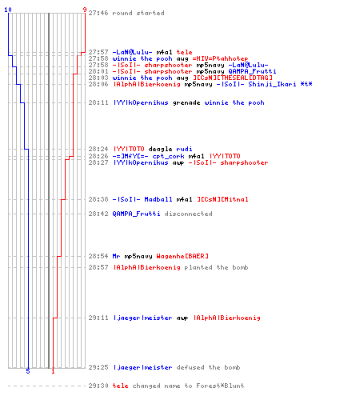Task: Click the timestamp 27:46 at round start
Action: [98, 13]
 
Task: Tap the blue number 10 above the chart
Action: [8, 10]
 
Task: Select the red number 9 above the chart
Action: [85, 10]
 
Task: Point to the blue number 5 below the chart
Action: [28, 371]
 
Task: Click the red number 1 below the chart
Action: [53, 371]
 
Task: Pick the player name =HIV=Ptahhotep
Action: [220, 58]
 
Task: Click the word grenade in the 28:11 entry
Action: [186, 102]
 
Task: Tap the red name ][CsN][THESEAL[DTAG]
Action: [233, 78]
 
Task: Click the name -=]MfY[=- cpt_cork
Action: [148, 156]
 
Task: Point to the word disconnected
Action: [189, 214]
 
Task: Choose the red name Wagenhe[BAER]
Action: [182, 256]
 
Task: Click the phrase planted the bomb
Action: [216, 267]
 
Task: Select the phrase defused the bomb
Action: [208, 367]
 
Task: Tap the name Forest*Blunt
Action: [220, 386]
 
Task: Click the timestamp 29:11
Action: [98, 318]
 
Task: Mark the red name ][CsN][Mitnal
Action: [222, 199]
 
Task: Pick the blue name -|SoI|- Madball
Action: [142, 199]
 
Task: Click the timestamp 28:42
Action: [98, 214]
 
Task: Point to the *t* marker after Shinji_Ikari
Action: [306, 84]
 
